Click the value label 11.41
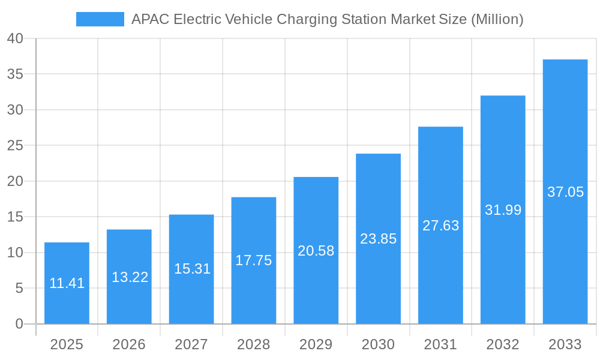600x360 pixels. point(67,283)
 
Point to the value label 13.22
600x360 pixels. point(130,277)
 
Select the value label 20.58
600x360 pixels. point(316,251)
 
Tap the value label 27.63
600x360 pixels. point(440,226)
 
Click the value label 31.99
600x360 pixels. point(503,210)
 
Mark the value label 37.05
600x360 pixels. point(565,192)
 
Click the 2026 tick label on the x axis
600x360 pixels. point(129,344)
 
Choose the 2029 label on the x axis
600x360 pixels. point(316,344)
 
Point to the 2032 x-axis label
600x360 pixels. point(503,344)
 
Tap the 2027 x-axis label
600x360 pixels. point(191,344)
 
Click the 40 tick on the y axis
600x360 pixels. point(15,38)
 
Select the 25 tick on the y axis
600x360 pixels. point(15,146)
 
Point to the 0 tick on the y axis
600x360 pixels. point(19,324)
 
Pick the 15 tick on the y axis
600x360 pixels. point(15,217)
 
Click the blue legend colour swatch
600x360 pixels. point(100,19)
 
